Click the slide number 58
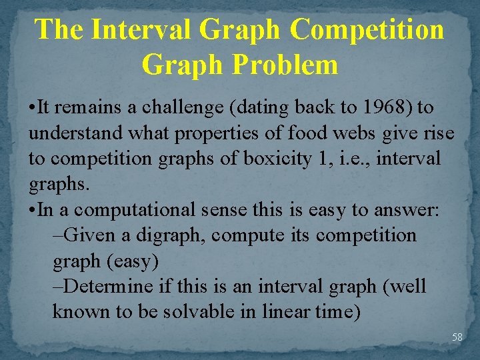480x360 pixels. [x=457, y=337]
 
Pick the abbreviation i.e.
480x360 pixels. [x=345, y=159]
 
